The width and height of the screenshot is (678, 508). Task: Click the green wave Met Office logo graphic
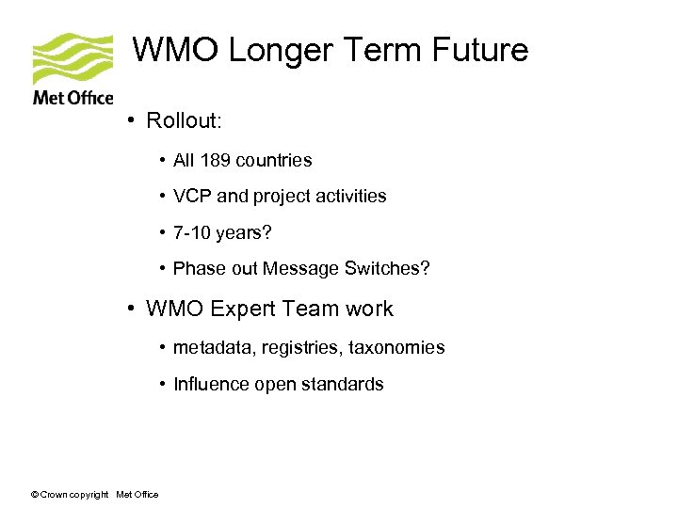72,58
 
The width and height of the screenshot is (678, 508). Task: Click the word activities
349,197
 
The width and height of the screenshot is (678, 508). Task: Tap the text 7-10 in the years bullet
193,232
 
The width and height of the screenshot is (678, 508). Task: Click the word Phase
198,269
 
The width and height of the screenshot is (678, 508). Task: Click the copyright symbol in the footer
34,495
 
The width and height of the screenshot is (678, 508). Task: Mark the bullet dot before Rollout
136,121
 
